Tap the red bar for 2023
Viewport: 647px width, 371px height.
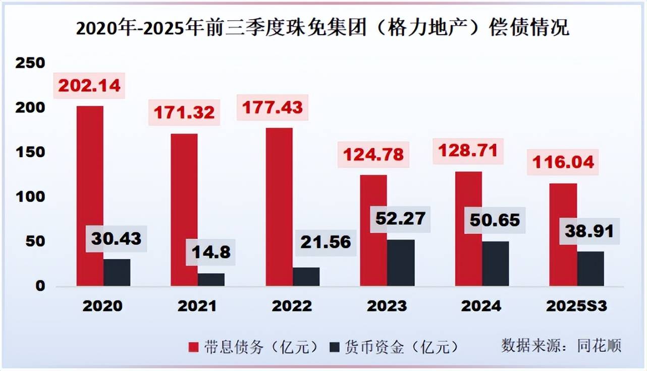tap(374, 230)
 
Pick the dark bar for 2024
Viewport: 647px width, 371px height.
tap(496, 264)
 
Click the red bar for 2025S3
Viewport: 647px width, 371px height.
tap(563, 234)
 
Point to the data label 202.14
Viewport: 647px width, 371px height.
tap(89, 85)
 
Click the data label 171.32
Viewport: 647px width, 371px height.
tap(184, 112)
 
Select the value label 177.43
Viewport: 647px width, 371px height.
tap(273, 107)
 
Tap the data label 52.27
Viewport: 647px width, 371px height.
tap(401, 219)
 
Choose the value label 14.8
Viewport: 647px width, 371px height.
tap(210, 251)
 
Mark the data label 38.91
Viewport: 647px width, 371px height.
tap(589, 231)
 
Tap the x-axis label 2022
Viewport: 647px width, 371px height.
tap(292, 306)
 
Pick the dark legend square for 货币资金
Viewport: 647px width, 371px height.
tap(334, 347)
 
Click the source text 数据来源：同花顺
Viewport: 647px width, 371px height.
tap(561, 345)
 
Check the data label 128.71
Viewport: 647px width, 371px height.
tap(468, 151)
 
